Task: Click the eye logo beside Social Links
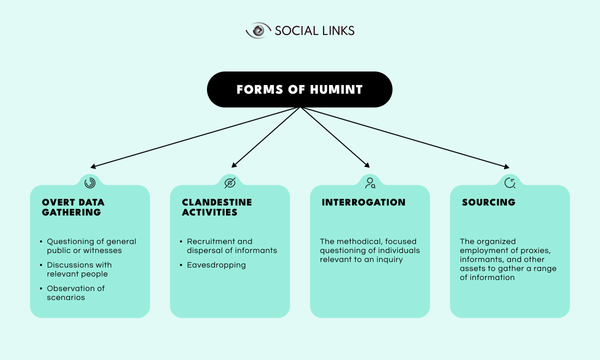pos(257,31)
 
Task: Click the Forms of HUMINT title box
pos(299,88)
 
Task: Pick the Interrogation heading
pos(363,202)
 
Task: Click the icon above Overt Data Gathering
pos(89,182)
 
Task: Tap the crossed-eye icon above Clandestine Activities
pos(229,182)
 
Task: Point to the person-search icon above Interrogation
pos(370,182)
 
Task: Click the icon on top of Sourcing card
pos(510,182)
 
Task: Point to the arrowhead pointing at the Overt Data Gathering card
pos(93,165)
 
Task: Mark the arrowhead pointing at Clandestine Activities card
pos(231,165)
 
